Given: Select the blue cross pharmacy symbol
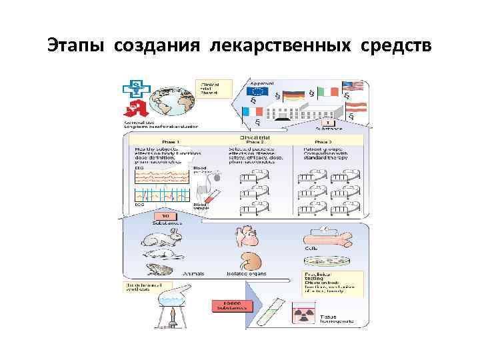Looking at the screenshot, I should coord(135,89).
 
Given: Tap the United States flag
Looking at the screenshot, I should coord(352,85).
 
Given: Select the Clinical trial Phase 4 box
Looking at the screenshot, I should coord(213,89).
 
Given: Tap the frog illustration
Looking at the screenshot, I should coord(158,269).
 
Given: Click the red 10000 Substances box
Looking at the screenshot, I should coord(230,307).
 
